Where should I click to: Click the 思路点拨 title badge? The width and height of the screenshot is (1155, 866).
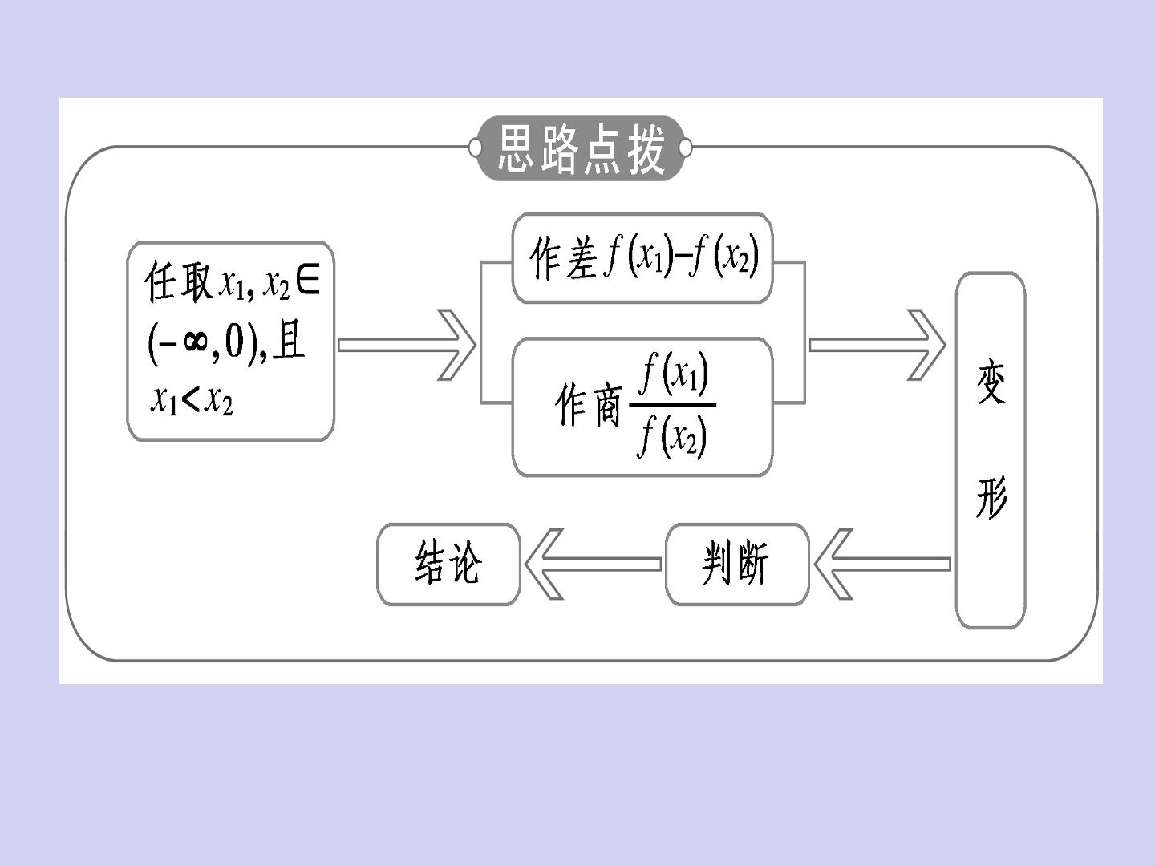[x=580, y=148]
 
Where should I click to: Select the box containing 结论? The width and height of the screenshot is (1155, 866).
[x=448, y=565]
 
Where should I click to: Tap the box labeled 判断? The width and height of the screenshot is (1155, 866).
[x=736, y=565]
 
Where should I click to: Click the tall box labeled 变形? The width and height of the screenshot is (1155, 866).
[x=991, y=450]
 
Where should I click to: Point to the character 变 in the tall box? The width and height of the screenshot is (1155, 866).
[x=991, y=382]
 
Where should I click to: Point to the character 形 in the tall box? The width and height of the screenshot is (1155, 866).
[x=991, y=497]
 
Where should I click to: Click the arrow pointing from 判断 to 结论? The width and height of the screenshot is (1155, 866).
[x=593, y=565]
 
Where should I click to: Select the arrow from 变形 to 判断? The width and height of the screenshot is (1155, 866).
[x=882, y=565]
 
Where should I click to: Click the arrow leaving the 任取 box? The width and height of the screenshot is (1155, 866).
[x=407, y=345]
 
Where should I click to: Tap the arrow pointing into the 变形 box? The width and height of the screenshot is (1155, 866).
[x=877, y=345]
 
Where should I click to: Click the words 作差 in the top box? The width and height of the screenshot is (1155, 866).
[x=564, y=257]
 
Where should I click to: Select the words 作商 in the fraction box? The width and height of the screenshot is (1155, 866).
[x=588, y=405]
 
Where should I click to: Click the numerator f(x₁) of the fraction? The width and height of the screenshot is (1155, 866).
[x=674, y=375]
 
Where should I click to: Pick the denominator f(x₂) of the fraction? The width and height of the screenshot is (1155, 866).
[x=672, y=436]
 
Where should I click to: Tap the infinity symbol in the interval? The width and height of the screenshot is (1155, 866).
[x=195, y=344]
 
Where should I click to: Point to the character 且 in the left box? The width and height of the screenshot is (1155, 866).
[x=289, y=342]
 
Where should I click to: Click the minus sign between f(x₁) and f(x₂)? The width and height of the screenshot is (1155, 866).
[x=683, y=260]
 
